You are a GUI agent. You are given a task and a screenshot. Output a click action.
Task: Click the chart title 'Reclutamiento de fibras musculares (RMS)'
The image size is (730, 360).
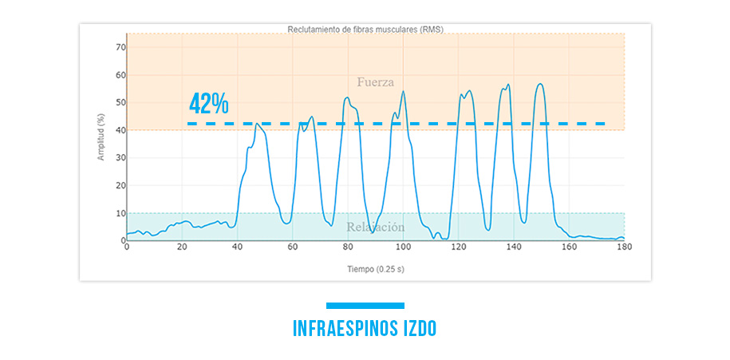point(365,29)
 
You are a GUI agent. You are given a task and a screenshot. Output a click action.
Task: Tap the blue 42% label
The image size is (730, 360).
point(209,104)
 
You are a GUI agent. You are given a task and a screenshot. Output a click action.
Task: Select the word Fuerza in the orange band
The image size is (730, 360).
point(375,81)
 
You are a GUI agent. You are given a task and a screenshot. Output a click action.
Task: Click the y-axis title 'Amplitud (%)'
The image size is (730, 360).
point(101,136)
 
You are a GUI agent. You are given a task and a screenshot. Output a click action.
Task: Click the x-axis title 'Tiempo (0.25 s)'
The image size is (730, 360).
point(375,269)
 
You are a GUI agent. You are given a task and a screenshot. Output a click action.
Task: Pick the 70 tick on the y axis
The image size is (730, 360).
point(121,47)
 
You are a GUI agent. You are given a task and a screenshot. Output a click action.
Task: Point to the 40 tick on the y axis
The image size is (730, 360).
point(121,130)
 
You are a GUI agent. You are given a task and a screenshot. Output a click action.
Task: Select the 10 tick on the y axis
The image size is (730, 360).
point(121,213)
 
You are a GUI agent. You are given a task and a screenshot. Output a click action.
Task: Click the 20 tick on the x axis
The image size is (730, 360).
point(182,247)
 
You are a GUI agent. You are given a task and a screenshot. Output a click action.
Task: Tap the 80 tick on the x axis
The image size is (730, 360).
point(348,247)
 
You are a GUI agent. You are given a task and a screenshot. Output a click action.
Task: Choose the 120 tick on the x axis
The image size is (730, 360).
point(458,247)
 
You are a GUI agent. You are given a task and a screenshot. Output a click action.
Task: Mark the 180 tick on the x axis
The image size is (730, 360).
point(624,247)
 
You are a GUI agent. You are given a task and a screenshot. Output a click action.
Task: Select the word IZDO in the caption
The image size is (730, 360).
point(418,329)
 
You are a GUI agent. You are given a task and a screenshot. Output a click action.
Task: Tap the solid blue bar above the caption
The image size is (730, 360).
point(365,305)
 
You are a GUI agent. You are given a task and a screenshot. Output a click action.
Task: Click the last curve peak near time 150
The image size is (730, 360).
point(541,84)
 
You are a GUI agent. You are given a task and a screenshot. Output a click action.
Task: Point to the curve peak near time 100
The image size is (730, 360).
point(403,91)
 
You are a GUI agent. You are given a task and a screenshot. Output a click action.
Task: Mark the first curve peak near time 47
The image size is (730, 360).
point(256,124)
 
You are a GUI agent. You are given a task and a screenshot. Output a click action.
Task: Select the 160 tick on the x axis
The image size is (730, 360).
point(569,247)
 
